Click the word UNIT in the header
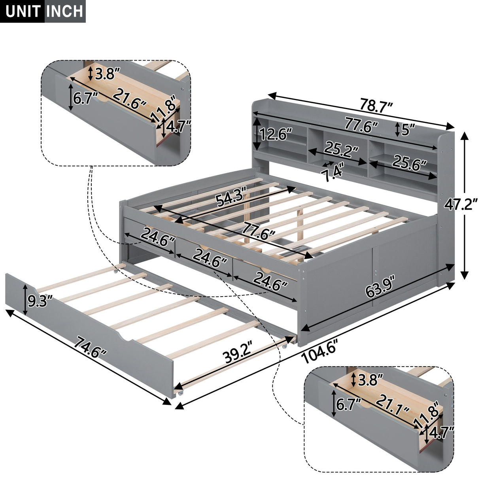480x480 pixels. pos(23,11)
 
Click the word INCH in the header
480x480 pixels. pos(64,11)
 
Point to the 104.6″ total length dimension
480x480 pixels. pos(318,353)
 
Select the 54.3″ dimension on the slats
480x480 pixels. pos(232,197)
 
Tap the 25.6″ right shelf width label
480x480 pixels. pos(409,163)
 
